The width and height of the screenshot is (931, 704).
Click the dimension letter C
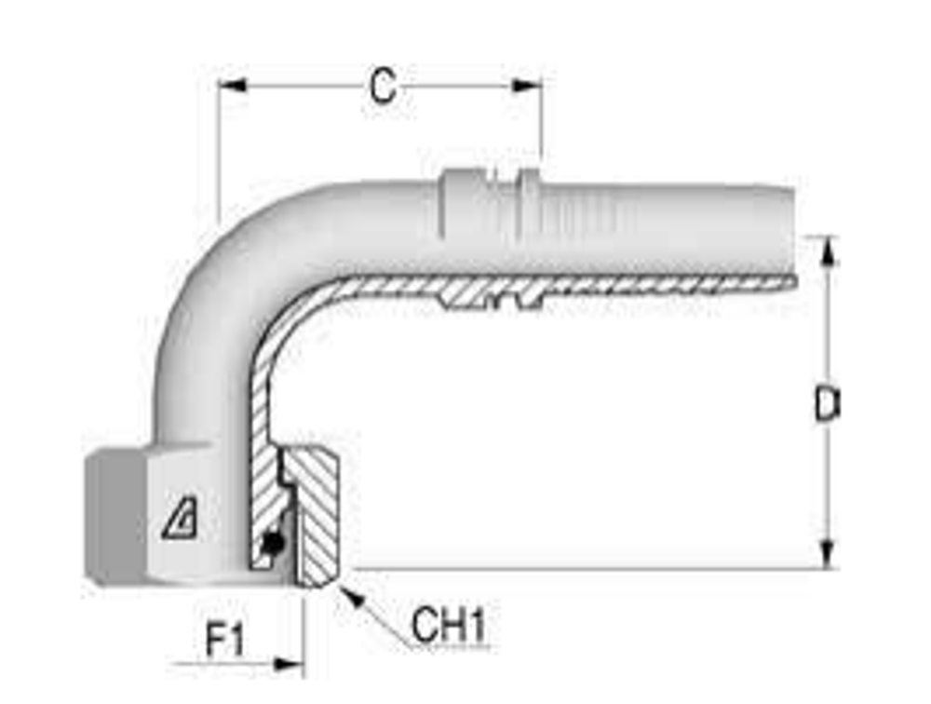382,88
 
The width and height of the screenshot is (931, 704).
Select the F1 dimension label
224,642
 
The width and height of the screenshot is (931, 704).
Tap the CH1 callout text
449,627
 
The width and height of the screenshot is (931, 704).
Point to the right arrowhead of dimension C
527,86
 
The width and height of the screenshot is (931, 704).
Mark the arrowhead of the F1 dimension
290,665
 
